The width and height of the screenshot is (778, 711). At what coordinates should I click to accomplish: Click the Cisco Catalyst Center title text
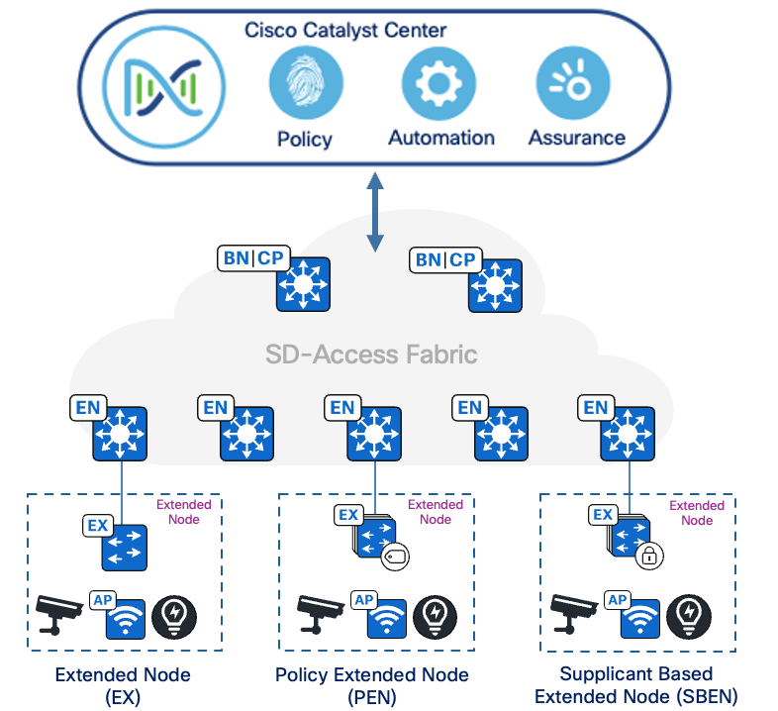[345, 30]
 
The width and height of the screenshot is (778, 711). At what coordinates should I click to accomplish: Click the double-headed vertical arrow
[375, 212]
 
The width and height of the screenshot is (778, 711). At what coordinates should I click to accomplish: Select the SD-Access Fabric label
[371, 354]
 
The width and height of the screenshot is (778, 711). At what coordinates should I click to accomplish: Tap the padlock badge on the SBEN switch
[648, 556]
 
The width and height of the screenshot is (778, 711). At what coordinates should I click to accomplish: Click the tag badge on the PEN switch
[396, 558]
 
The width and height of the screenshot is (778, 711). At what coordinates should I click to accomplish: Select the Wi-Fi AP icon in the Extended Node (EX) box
[124, 618]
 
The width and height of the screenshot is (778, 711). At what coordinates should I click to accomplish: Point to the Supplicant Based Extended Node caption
[648, 684]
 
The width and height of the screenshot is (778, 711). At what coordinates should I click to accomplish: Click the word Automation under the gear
[440, 139]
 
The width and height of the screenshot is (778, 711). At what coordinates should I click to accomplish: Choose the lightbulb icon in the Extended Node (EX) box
[174, 616]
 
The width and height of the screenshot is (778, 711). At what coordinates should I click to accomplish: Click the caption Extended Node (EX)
[124, 685]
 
